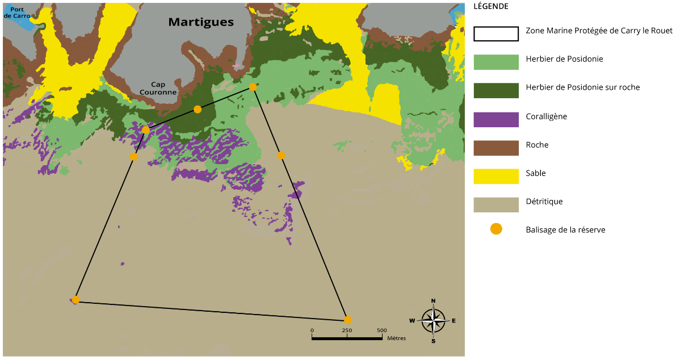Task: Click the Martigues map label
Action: (201, 22)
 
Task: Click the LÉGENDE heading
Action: (490, 7)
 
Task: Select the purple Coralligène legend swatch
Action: (496, 119)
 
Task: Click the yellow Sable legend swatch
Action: (496, 176)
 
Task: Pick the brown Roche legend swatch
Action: (496, 148)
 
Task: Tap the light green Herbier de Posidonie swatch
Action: (496, 62)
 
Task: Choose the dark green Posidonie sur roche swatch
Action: (496, 90)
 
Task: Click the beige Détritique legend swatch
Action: (496, 204)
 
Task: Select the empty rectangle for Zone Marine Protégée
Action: (496, 34)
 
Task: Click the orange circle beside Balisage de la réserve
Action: (496, 229)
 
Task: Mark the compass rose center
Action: (433, 320)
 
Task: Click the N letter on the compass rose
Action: (433, 301)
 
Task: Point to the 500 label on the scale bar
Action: (381, 330)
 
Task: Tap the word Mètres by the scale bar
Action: (396, 338)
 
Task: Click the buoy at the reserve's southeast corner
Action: (347, 320)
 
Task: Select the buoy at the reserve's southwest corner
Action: (75, 300)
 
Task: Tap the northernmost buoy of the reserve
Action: (253, 87)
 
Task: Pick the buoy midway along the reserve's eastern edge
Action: (280, 155)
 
